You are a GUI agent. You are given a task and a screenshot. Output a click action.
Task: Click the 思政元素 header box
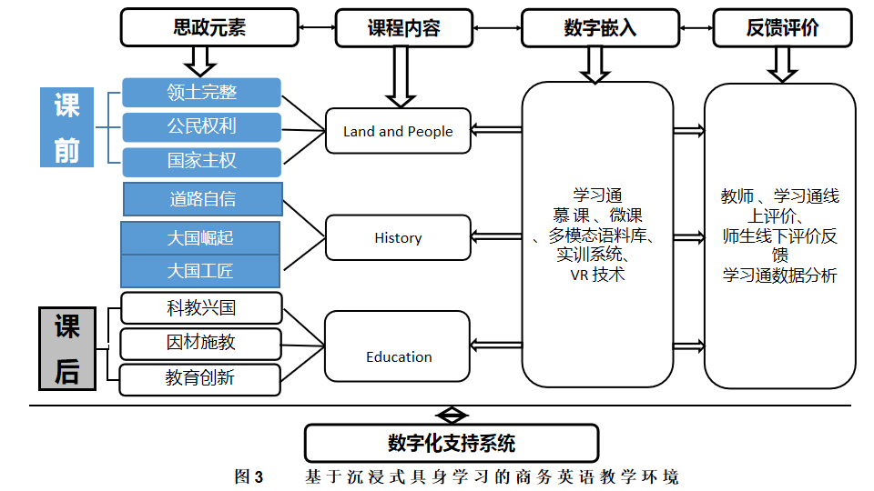coord(209,27)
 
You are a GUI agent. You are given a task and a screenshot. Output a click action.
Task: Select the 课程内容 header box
coord(403,28)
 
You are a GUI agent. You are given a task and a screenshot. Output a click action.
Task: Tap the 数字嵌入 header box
coord(600,28)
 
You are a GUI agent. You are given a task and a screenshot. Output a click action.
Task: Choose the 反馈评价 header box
coord(782,28)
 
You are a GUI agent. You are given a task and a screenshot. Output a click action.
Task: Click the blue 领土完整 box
coord(201,93)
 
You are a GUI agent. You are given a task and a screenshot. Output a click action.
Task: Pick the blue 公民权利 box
coord(201,126)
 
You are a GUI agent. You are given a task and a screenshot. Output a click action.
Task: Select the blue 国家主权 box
coord(201,161)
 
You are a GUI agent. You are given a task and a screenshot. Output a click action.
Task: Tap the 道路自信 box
coord(202,198)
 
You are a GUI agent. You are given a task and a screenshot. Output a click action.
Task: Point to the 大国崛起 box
coord(200,237)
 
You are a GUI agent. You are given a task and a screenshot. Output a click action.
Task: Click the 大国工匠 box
coord(200,271)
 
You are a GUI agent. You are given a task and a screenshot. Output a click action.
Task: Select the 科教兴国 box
coord(201,308)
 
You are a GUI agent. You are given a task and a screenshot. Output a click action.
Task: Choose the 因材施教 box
coord(201,343)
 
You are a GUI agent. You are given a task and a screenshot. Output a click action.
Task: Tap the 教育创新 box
coord(200,377)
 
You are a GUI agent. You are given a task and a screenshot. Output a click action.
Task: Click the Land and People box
coord(398,131)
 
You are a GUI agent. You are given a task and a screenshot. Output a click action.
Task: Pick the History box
coord(398,237)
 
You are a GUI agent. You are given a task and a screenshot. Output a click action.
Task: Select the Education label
coord(399,356)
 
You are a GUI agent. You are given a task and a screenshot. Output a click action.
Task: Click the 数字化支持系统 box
coord(452,443)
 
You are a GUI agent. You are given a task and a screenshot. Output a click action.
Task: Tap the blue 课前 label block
coord(67,127)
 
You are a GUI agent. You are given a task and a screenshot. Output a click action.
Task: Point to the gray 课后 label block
coord(67,349)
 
